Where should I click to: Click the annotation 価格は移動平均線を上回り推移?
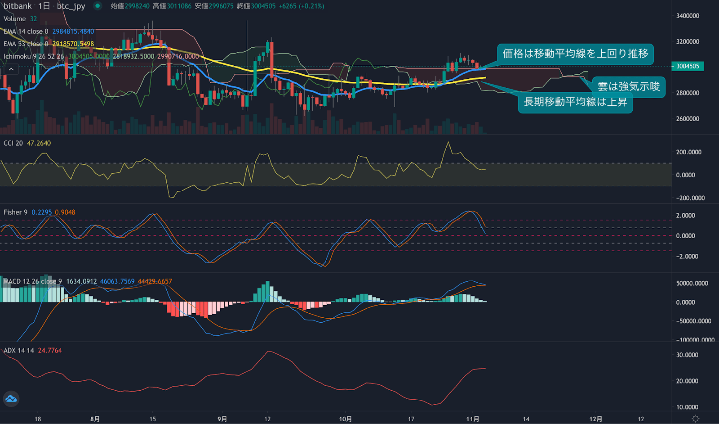pyautogui.click(x=575, y=54)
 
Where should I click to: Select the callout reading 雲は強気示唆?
pyautogui.click(x=628, y=86)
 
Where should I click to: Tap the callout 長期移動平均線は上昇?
pyautogui.click(x=575, y=102)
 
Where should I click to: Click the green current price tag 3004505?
pyautogui.click(x=688, y=66)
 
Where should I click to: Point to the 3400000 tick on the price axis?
pyautogui.click(x=688, y=16)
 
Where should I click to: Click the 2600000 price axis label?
pyautogui.click(x=688, y=119)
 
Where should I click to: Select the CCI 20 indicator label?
pyautogui.click(x=13, y=143)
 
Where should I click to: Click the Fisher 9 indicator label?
pyautogui.click(x=15, y=212)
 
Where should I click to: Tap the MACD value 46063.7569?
pyautogui.click(x=117, y=281)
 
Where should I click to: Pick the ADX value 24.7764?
pyautogui.click(x=50, y=350)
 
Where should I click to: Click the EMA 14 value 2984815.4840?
pyautogui.click(x=73, y=32)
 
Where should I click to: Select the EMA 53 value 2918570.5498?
pyautogui.click(x=73, y=44)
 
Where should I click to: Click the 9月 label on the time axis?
pyautogui.click(x=222, y=419)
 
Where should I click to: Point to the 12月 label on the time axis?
pyautogui.click(x=596, y=419)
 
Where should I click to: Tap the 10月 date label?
pyautogui.click(x=345, y=419)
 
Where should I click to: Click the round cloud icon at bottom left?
pyautogui.click(x=11, y=399)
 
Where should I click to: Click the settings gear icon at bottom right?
pyautogui.click(x=695, y=419)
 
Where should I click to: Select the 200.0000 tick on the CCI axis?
pyautogui.click(x=688, y=152)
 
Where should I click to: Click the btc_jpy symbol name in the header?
pyautogui.click(x=71, y=6)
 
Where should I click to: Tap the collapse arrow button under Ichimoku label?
pyautogui.click(x=11, y=69)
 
